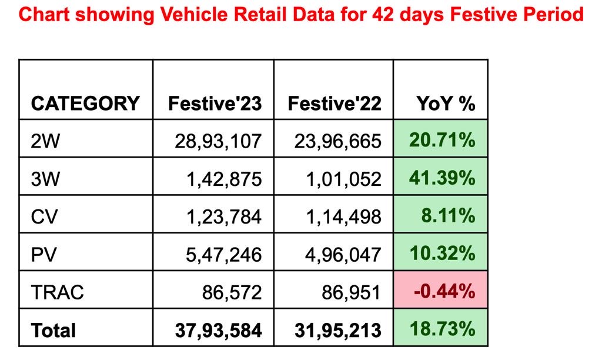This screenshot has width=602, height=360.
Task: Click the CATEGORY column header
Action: [x=85, y=104]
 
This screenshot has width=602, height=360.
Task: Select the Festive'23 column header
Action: [x=215, y=104]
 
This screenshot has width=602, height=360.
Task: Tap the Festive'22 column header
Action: [x=335, y=104]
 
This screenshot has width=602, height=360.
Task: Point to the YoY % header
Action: [x=446, y=104]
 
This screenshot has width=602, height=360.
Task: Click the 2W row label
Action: [x=45, y=141]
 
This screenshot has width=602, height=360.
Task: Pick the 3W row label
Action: [x=45, y=179]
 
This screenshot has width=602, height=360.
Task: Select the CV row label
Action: [x=45, y=216]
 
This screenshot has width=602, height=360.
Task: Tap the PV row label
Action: [x=45, y=254]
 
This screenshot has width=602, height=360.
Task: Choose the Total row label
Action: [x=53, y=330]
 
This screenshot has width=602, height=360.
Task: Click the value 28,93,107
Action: [x=218, y=141]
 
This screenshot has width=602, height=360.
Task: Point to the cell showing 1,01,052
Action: [x=343, y=179]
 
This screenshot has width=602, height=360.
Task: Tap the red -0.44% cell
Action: [x=444, y=291]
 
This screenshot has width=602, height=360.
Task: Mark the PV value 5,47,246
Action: [x=223, y=254]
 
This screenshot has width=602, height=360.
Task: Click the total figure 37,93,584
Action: [x=218, y=330]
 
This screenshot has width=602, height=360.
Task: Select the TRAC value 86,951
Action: [x=352, y=292]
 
